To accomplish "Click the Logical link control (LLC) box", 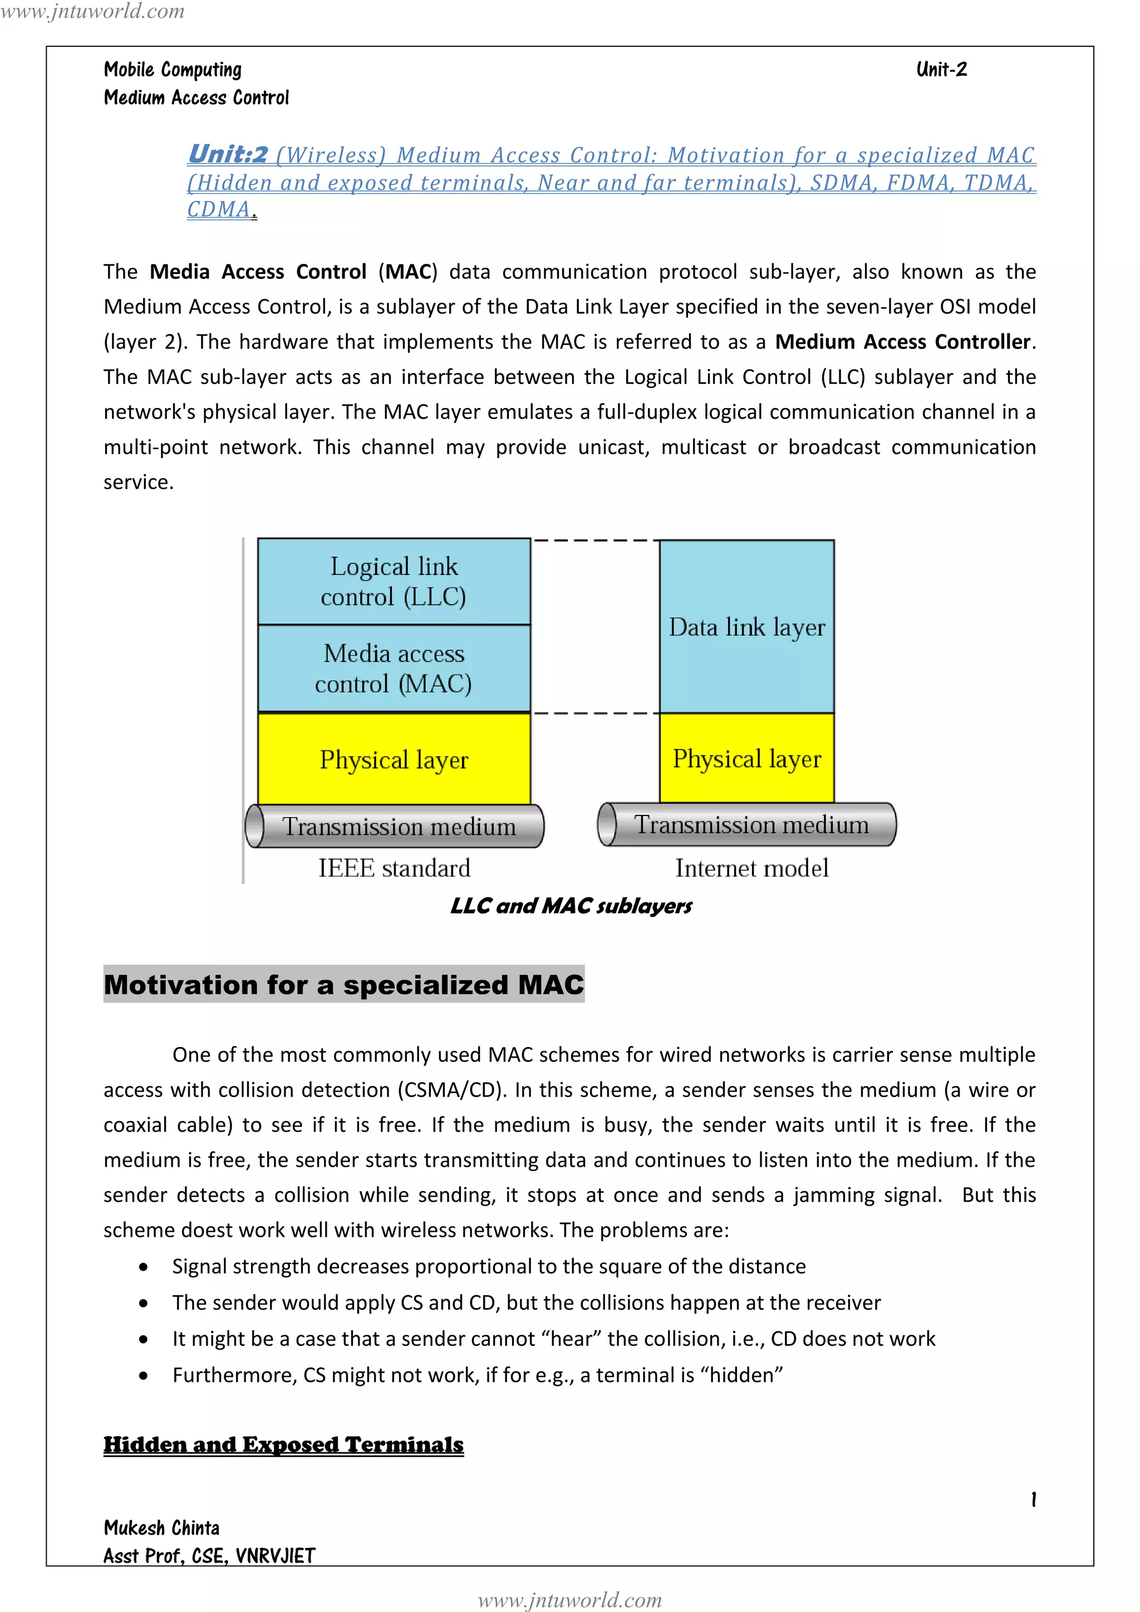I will [394, 581].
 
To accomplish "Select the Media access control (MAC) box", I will [394, 669].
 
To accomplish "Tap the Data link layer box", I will [747, 626].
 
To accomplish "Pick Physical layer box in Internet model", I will [747, 758].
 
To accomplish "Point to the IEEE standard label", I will [394, 868].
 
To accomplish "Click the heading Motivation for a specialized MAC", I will [344, 984].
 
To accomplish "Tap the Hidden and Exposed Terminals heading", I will [283, 1445].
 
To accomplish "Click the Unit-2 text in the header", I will [941, 70].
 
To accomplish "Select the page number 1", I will [1033, 1500].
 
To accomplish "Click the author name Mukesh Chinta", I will [161, 1528].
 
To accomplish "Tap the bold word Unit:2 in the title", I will [228, 154].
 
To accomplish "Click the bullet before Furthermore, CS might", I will [143, 1376].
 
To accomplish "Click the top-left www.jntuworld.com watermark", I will [92, 11].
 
